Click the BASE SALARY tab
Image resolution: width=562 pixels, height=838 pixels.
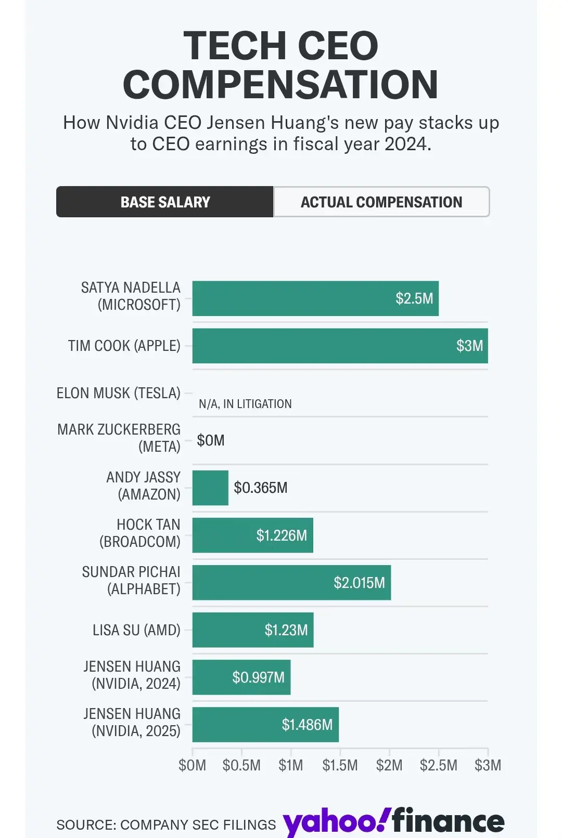[x=165, y=202]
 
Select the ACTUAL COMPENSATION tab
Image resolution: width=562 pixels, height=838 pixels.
[x=381, y=202]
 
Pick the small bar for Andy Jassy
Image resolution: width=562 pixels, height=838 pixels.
[x=210, y=488]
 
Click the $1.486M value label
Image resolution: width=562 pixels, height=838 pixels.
[x=307, y=725]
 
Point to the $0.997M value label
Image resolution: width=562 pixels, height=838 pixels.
[x=258, y=677]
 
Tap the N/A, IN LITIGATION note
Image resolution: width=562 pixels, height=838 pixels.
[x=245, y=404]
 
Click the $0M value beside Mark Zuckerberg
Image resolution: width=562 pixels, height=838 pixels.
[x=211, y=440]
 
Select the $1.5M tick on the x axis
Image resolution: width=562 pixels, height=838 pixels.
[x=340, y=765]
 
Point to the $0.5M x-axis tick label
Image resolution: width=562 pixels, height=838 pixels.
[x=241, y=765]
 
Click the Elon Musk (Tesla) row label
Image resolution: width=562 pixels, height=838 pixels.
[x=119, y=393]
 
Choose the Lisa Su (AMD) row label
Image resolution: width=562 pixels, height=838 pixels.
[x=136, y=630]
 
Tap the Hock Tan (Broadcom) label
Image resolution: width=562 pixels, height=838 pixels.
[x=140, y=533]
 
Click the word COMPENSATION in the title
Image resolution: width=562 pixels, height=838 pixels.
[x=280, y=85]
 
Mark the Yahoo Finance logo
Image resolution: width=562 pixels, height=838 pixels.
[x=393, y=821]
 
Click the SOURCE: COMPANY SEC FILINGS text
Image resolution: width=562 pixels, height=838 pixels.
[x=166, y=824]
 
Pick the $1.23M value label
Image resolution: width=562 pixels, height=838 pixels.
[x=286, y=630]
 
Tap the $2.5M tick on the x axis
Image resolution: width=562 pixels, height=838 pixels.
[x=439, y=765]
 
